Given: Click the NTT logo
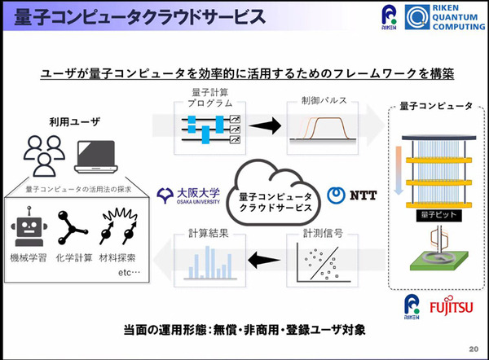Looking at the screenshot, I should (349, 196).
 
